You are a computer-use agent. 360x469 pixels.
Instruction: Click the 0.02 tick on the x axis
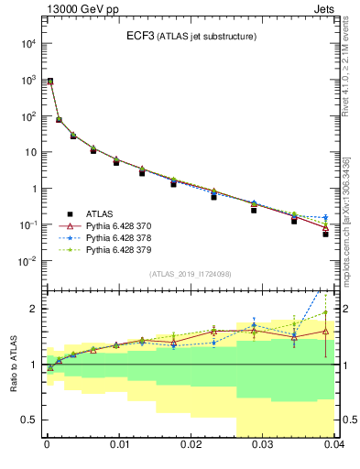tap(191, 444)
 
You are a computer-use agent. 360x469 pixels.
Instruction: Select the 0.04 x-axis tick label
tap(332, 444)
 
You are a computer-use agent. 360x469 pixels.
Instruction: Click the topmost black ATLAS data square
tap(50, 82)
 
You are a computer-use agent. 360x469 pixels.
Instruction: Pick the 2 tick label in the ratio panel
tap(32, 309)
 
